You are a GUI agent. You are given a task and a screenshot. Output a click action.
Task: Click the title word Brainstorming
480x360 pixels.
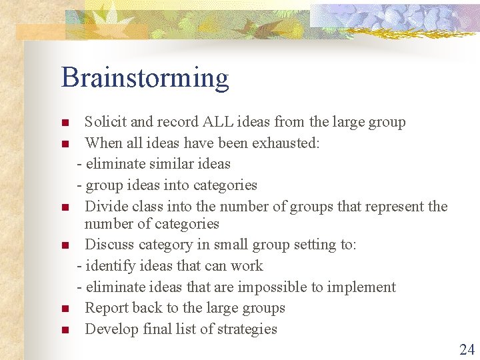pos(145,78)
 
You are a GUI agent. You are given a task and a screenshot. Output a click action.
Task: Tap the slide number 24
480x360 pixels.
pos(466,349)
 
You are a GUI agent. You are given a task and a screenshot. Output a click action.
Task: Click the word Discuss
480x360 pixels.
pos(110,245)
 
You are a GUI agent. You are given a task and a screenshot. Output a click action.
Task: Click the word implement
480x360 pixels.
pos(363,287)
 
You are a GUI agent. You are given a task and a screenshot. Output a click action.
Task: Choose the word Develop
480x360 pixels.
pos(112,329)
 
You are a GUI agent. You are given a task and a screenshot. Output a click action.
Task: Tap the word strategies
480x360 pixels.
pos(245,329)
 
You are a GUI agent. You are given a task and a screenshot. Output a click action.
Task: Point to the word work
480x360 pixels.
pos(247,266)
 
